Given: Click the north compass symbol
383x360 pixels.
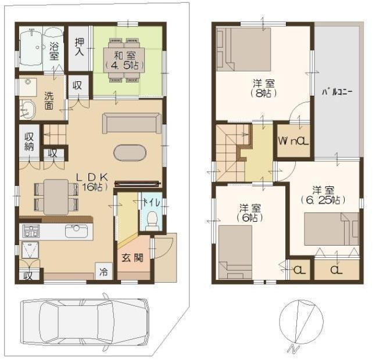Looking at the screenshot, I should [300, 322].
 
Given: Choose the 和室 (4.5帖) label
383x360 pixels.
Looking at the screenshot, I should [126, 60].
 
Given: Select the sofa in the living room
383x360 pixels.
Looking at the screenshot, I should [132, 123].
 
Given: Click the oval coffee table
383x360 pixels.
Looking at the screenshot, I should [131, 153].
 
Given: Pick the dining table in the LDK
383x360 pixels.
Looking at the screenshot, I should [56, 196].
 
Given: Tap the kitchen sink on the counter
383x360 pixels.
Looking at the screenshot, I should [76, 231].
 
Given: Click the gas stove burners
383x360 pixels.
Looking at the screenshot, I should [30, 231].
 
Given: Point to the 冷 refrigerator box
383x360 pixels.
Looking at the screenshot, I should [103, 271].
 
